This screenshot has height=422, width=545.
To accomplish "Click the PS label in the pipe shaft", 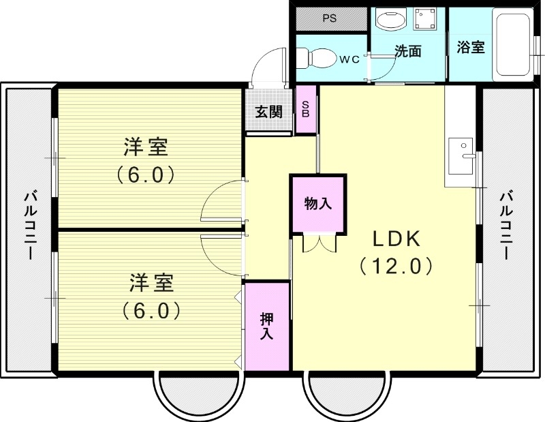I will pos(330,18).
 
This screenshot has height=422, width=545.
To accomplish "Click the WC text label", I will pos(349,59).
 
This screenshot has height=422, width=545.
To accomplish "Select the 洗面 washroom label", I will pos(408,51).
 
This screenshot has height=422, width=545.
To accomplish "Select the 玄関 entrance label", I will pos(268,112).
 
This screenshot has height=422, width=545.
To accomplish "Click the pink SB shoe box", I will pos(306,109).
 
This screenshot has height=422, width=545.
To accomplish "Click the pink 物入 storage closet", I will pos(318,204).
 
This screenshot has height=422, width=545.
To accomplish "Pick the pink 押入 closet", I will pos(266,326).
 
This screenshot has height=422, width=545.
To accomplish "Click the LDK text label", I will pos(396,239).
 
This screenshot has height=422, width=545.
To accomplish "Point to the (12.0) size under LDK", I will pos(396,265).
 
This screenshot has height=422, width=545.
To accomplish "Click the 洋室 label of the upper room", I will pos(146,147).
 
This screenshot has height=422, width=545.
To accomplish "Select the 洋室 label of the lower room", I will pos(151,282).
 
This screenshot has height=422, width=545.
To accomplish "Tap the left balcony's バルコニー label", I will pos(29,225).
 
